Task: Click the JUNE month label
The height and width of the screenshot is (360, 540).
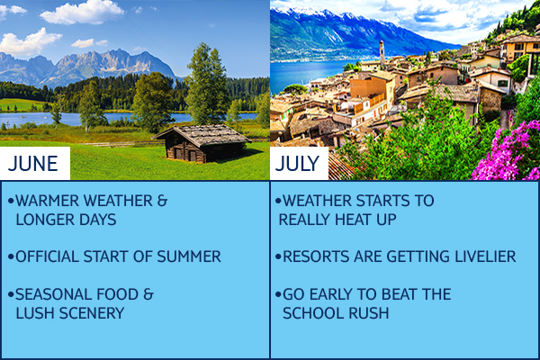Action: pyautogui.click(x=32, y=163)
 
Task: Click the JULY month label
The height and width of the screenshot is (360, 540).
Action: pyautogui.click(x=297, y=163)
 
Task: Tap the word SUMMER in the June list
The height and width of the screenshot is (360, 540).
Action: pyautogui.click(x=189, y=256)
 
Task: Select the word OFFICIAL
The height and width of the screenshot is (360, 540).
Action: pyautogui.click(x=47, y=256)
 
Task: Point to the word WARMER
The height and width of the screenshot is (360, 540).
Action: pyautogui.click(x=47, y=201)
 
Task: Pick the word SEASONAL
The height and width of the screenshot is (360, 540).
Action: pyautogui.click(x=54, y=294)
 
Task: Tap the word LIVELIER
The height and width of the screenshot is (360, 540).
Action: pyautogui.click(x=485, y=256)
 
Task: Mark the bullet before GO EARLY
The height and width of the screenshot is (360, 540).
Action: pyautogui.click(x=278, y=294)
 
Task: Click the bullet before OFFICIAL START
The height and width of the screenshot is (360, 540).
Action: pyautogui.click(x=11, y=256)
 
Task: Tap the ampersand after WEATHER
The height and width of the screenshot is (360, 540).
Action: pyautogui.click(x=162, y=201)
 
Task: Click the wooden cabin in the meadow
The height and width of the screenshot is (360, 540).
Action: pyautogui.click(x=202, y=143)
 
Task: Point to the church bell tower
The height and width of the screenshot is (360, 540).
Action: pyautogui.click(x=382, y=54)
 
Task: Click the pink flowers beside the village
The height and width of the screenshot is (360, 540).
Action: pyautogui.click(x=506, y=151)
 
